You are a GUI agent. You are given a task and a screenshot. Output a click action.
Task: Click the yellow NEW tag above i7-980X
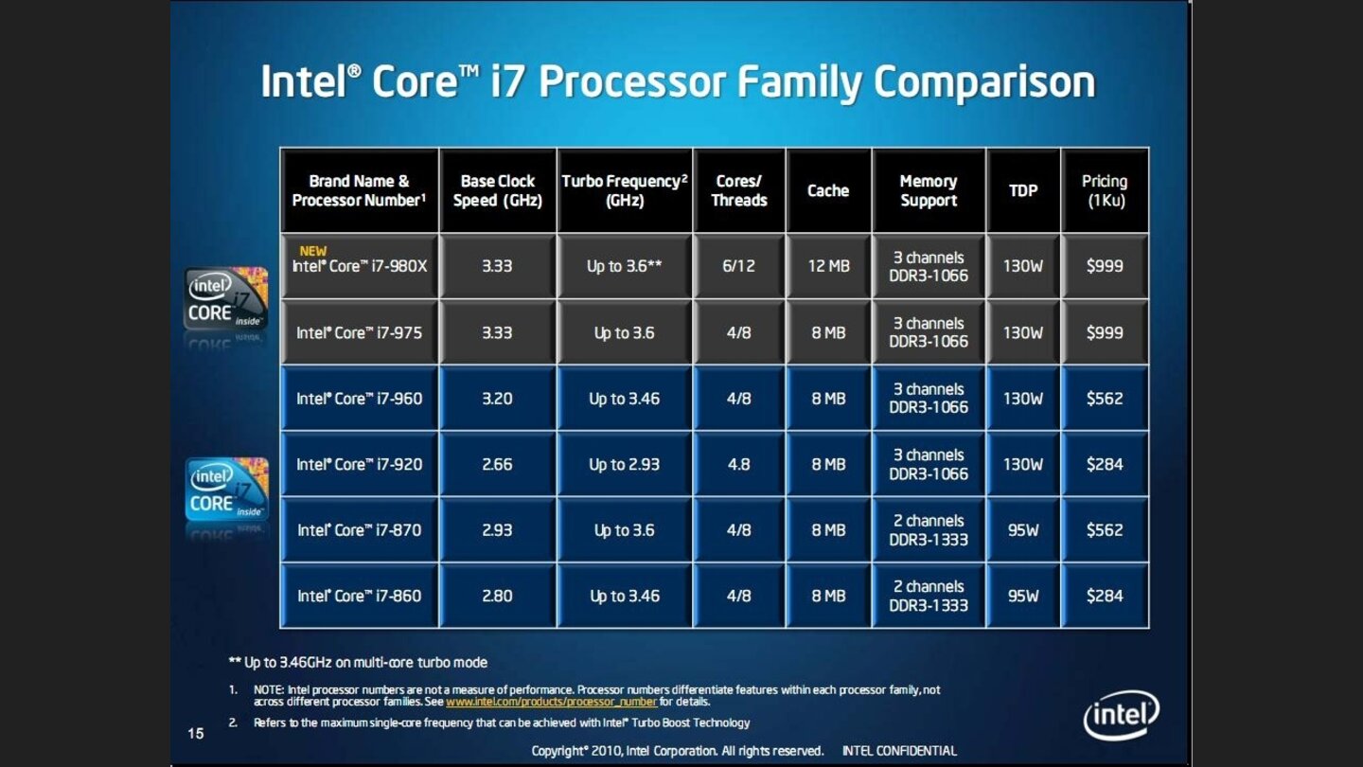[x=312, y=251]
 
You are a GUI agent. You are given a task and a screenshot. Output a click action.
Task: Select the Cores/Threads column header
[x=739, y=190]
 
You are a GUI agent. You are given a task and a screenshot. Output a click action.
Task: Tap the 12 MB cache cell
[x=828, y=266]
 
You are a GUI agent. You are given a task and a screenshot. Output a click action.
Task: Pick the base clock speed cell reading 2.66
[x=497, y=464]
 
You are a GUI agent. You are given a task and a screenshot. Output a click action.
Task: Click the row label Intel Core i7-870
[x=359, y=530]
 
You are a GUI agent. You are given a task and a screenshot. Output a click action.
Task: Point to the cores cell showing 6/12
[x=739, y=266]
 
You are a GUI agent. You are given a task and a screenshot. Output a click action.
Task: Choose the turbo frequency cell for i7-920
[x=625, y=464]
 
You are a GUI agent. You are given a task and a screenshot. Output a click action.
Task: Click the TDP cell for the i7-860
[x=1023, y=596]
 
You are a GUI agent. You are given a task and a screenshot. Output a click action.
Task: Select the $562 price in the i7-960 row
[x=1105, y=399]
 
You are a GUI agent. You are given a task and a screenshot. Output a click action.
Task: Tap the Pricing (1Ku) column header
[x=1105, y=190]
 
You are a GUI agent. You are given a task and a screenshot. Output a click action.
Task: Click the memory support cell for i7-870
[x=929, y=530]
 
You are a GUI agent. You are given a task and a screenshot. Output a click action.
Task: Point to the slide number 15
[x=196, y=732]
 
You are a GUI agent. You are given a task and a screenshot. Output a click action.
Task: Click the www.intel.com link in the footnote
[x=551, y=703]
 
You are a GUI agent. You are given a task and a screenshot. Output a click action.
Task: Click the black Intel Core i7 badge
[x=226, y=300]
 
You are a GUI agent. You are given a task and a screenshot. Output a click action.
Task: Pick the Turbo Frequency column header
[x=625, y=190]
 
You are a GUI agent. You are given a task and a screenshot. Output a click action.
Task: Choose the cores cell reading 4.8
[x=739, y=464]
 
